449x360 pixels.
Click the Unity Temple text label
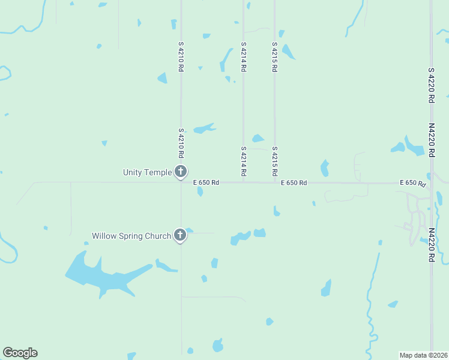[147, 172]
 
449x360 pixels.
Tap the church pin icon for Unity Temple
[180, 171]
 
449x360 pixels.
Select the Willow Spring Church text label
[131, 236]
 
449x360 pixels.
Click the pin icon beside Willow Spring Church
[180, 235]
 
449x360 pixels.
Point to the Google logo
[20, 353]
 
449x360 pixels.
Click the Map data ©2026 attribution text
[423, 355]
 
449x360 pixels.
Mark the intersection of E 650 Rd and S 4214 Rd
[243, 182]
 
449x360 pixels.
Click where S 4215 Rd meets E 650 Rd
[275, 182]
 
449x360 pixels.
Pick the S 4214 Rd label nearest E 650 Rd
[243, 161]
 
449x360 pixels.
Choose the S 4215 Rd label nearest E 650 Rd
[274, 161]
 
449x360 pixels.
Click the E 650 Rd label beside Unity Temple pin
[206, 182]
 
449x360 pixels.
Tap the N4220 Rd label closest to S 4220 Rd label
[432, 140]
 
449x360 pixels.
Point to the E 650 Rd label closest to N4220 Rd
[413, 182]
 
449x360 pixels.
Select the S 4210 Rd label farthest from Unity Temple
[181, 56]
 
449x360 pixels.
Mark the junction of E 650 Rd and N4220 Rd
[431, 182]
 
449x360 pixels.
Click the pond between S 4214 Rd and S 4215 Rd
[258, 139]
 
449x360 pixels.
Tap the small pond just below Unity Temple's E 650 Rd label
[200, 192]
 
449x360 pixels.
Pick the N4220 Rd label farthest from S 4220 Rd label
[432, 244]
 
